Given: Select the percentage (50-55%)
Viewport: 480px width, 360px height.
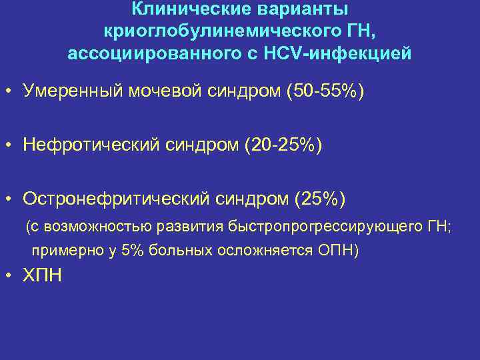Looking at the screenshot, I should point(325,91).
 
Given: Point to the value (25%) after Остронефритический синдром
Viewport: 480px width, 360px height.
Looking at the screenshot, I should point(319,199).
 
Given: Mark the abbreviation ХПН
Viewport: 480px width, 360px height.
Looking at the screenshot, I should point(42,275).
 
